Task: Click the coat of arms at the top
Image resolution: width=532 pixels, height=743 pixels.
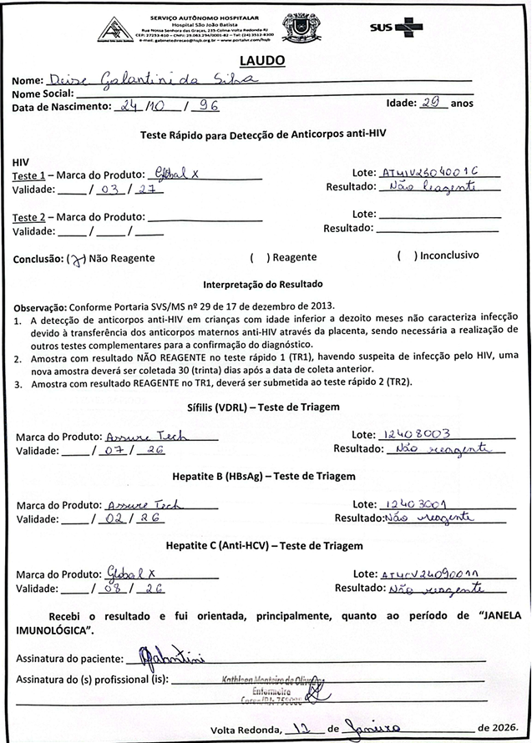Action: pyautogui.click(x=299, y=27)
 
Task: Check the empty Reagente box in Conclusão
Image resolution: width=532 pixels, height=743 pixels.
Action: pyautogui.click(x=260, y=259)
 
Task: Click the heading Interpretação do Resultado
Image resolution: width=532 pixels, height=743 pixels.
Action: pyautogui.click(x=266, y=284)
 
